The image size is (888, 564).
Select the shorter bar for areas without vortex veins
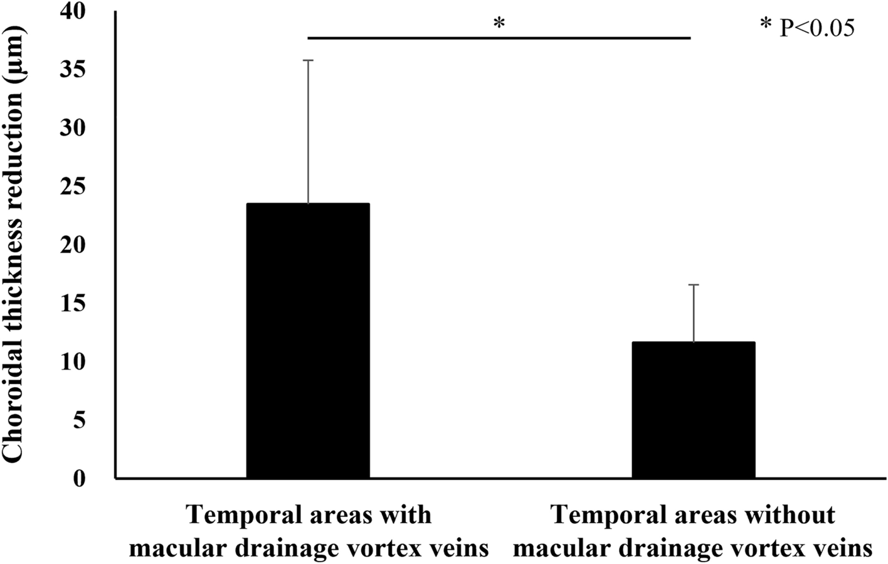(693, 410)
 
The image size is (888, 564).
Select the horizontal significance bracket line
(499, 38)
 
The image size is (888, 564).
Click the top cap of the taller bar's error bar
(308, 60)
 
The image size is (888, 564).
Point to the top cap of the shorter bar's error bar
(694, 285)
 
